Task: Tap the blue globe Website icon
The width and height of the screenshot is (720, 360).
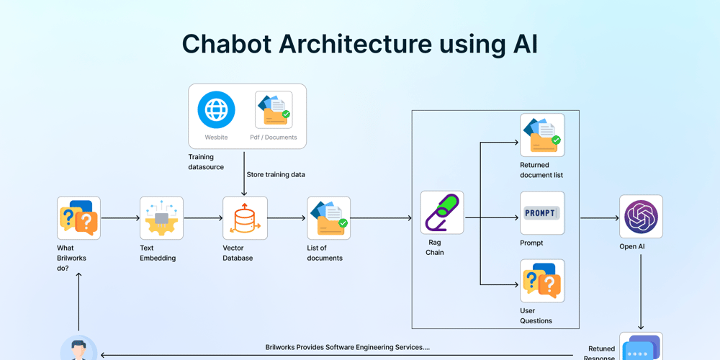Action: (x=216, y=109)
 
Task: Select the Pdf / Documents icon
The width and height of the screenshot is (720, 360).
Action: (x=274, y=109)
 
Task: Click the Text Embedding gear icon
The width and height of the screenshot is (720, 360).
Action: (x=161, y=218)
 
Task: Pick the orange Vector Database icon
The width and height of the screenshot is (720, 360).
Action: (x=245, y=218)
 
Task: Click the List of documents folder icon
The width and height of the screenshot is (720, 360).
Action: (x=329, y=218)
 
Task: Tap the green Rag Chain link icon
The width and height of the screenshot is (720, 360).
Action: (x=442, y=212)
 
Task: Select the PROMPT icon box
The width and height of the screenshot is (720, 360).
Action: (x=542, y=213)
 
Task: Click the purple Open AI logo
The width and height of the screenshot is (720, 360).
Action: (x=641, y=217)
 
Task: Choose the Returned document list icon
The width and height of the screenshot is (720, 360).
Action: (x=542, y=135)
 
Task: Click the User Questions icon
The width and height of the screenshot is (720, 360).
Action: (x=542, y=282)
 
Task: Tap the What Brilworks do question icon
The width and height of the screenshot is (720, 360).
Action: (x=78, y=218)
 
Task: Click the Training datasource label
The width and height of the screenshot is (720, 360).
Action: (x=206, y=162)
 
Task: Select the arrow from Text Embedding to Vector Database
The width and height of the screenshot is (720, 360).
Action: (x=202, y=218)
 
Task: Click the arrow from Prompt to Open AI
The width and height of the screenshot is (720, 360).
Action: (x=599, y=218)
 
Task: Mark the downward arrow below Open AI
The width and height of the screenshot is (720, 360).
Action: (x=641, y=292)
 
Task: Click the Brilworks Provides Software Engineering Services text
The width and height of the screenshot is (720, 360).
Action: (x=347, y=347)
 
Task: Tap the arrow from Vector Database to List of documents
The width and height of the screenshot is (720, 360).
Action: (x=287, y=218)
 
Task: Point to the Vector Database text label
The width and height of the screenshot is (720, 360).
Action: (x=238, y=253)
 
